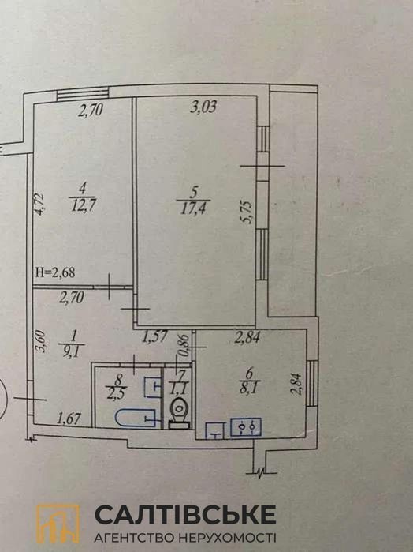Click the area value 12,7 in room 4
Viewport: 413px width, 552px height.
(84, 205)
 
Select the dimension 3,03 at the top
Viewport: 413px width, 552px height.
(203, 107)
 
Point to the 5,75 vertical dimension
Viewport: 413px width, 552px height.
(247, 212)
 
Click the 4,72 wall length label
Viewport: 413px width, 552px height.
(39, 205)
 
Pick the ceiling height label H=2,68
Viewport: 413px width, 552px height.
(55, 272)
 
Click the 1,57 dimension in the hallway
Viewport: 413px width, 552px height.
(154, 338)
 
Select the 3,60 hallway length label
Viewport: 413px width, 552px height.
(41, 341)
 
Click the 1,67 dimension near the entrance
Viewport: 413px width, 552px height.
(69, 419)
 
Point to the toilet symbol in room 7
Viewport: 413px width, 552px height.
(179, 412)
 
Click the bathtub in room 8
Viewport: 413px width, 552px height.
(136, 418)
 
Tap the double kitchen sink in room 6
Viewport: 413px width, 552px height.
(246, 427)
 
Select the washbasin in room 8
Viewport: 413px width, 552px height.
(154, 387)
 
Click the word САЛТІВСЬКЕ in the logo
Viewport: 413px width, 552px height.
(185, 514)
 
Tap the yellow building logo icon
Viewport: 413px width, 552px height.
(58, 524)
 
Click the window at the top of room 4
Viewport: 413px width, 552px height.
(83, 94)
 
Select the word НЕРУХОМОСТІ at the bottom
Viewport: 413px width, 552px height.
(228, 538)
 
